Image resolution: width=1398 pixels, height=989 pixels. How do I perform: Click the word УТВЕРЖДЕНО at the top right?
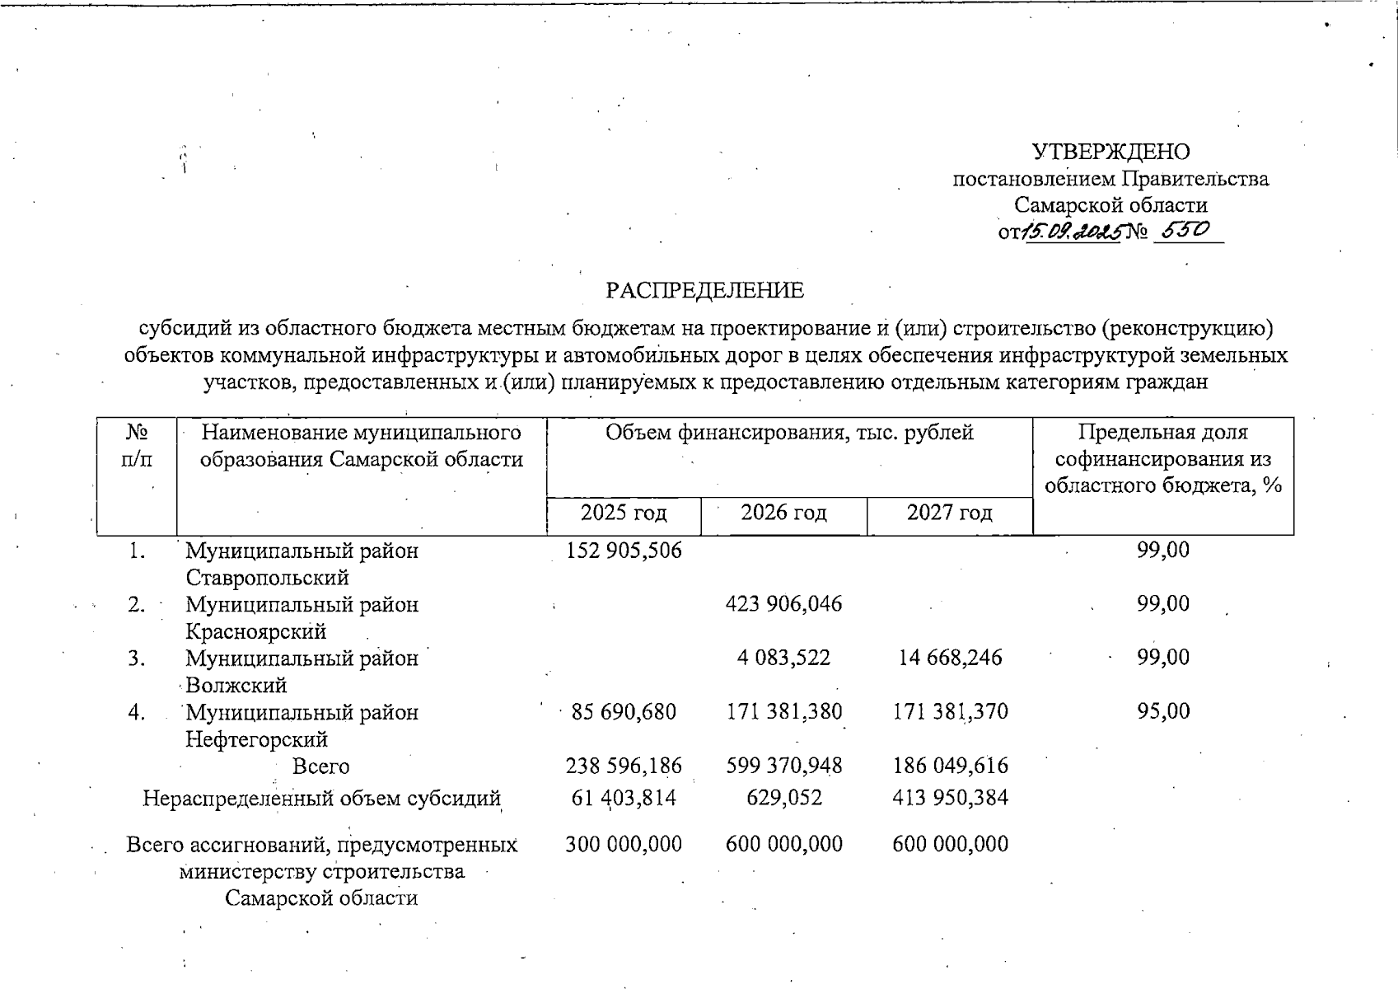pyautogui.click(x=1110, y=152)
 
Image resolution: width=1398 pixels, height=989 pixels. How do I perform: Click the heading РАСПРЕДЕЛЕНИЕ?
pyautogui.click(x=704, y=291)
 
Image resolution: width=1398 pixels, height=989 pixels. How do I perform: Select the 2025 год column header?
pyautogui.click(x=623, y=513)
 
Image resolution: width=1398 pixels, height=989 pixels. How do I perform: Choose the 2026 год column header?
pyautogui.click(x=783, y=513)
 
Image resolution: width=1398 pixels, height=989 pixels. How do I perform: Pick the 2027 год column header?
pyautogui.click(x=949, y=513)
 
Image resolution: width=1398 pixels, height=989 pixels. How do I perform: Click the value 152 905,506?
pyautogui.click(x=624, y=551)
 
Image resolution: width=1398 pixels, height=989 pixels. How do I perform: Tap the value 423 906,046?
pyautogui.click(x=783, y=604)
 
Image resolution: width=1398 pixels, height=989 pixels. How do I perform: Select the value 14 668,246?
pyautogui.click(x=950, y=658)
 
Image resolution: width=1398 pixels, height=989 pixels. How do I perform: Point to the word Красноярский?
pyautogui.click(x=255, y=631)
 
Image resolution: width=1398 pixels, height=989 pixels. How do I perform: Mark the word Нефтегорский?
pyautogui.click(x=256, y=739)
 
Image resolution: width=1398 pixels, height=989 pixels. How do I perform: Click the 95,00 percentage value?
pyautogui.click(x=1163, y=711)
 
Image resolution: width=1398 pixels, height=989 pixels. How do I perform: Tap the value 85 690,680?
pyautogui.click(x=624, y=711)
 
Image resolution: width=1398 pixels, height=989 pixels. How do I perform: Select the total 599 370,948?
pyautogui.click(x=783, y=766)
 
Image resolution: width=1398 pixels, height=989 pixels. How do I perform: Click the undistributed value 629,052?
pyautogui.click(x=783, y=798)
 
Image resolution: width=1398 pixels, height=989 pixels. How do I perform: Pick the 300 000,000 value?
pyautogui.click(x=624, y=844)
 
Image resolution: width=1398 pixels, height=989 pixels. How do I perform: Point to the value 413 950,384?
pyautogui.click(x=950, y=798)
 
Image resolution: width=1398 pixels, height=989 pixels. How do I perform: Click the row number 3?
pyautogui.click(x=137, y=658)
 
